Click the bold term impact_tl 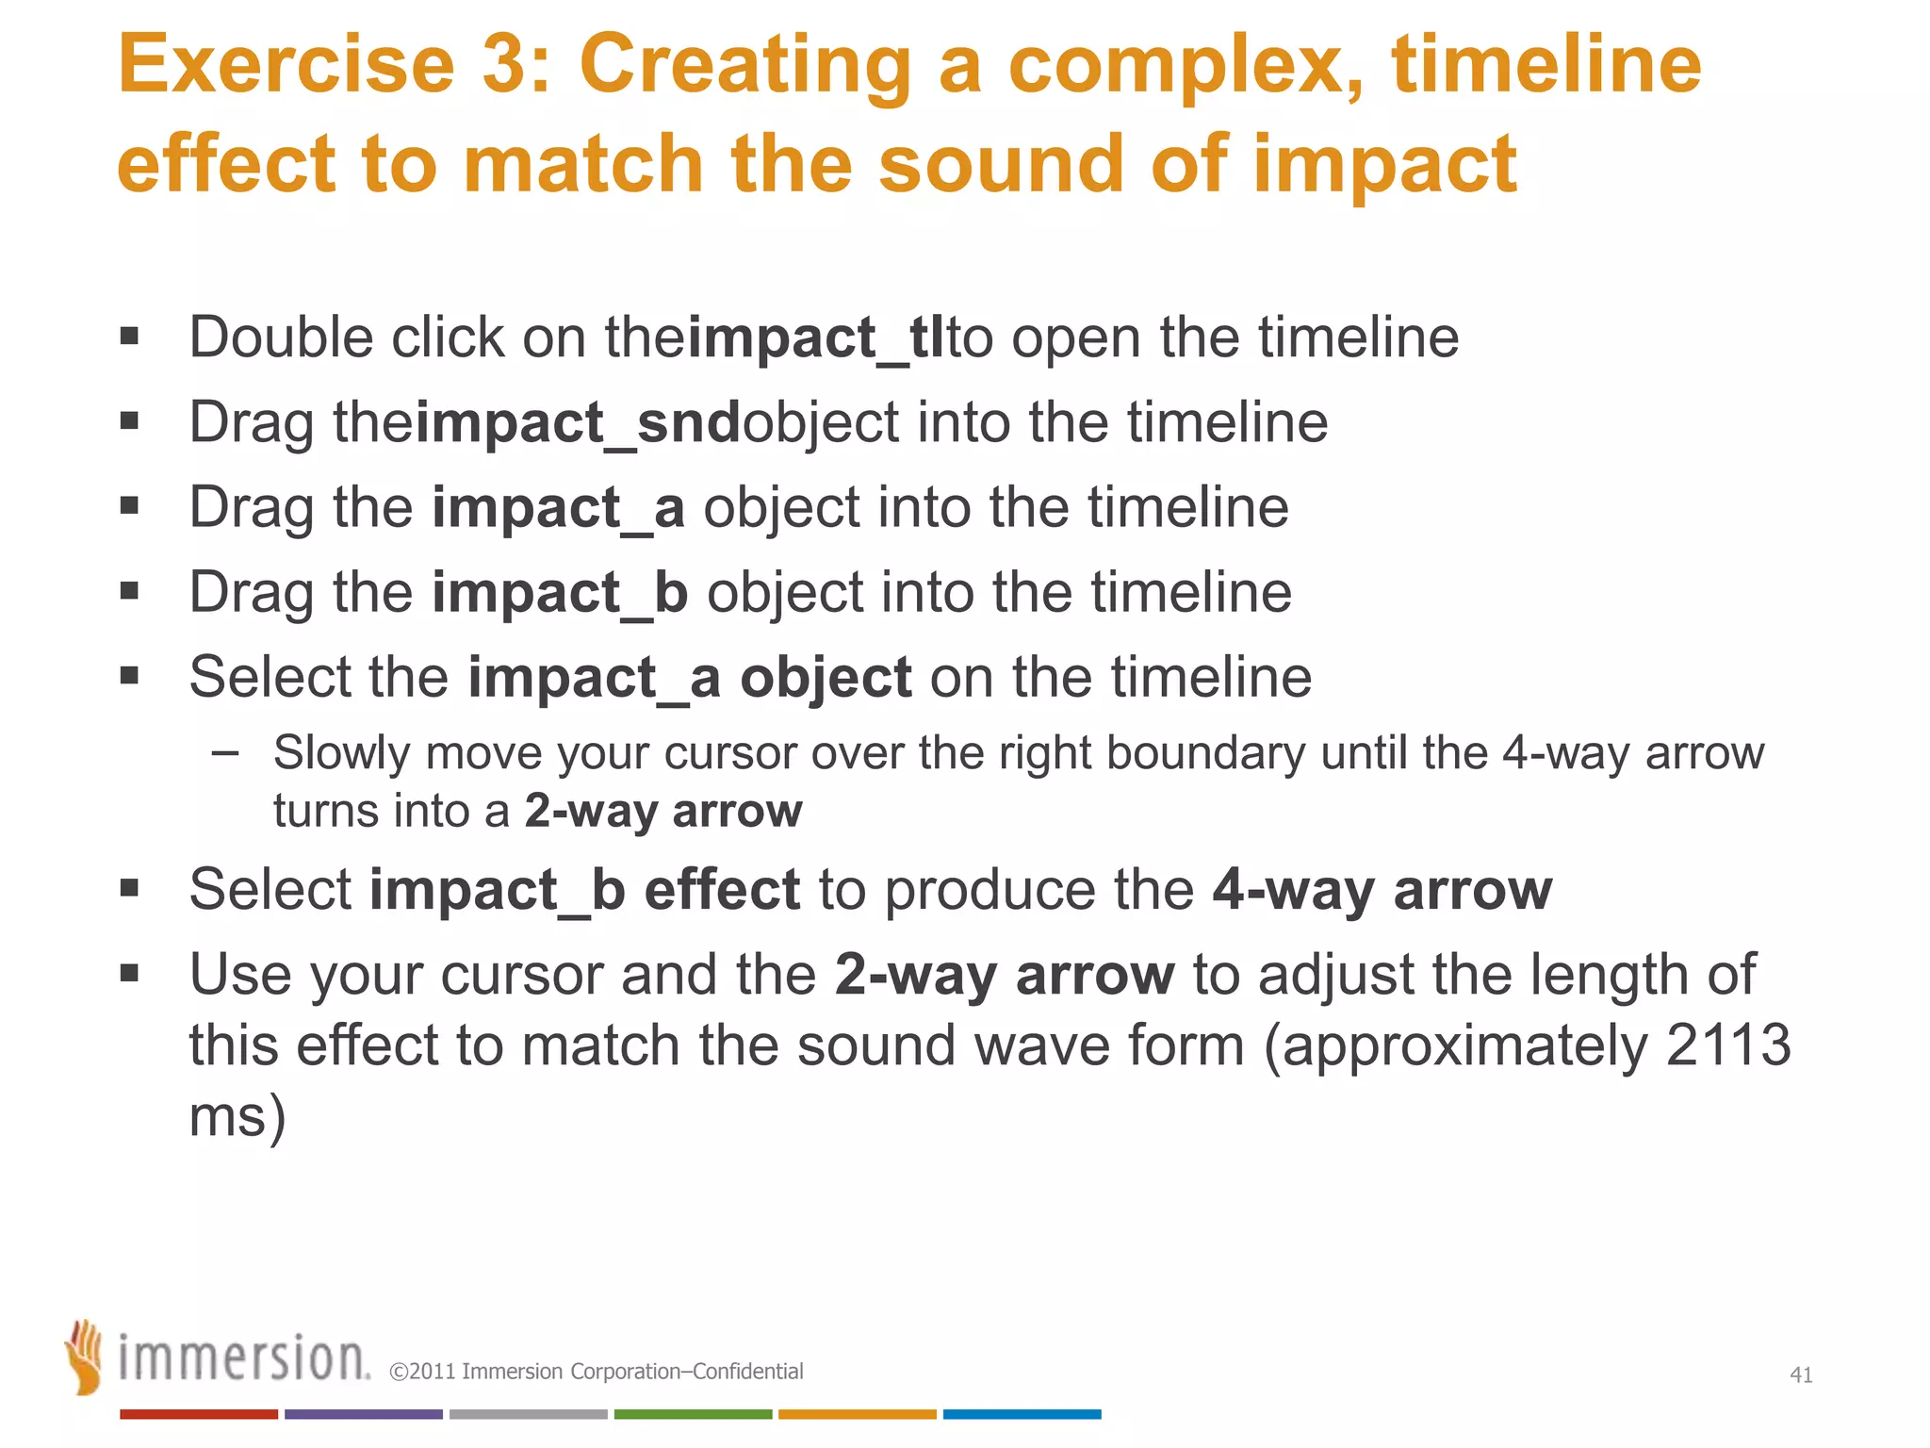click(816, 337)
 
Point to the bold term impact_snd click(579, 422)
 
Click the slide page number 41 click(1801, 1375)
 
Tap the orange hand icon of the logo click(85, 1357)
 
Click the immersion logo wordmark click(243, 1358)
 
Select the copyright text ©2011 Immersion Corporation click(596, 1372)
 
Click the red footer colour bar click(198, 1414)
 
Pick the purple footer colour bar click(363, 1414)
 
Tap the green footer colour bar click(693, 1414)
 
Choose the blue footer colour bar click(1022, 1414)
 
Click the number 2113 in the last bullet click(1727, 1045)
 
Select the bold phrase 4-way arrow click(1382, 889)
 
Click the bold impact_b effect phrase click(584, 889)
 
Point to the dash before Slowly click(225, 752)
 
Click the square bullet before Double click click(129, 337)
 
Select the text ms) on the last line click(237, 1117)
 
